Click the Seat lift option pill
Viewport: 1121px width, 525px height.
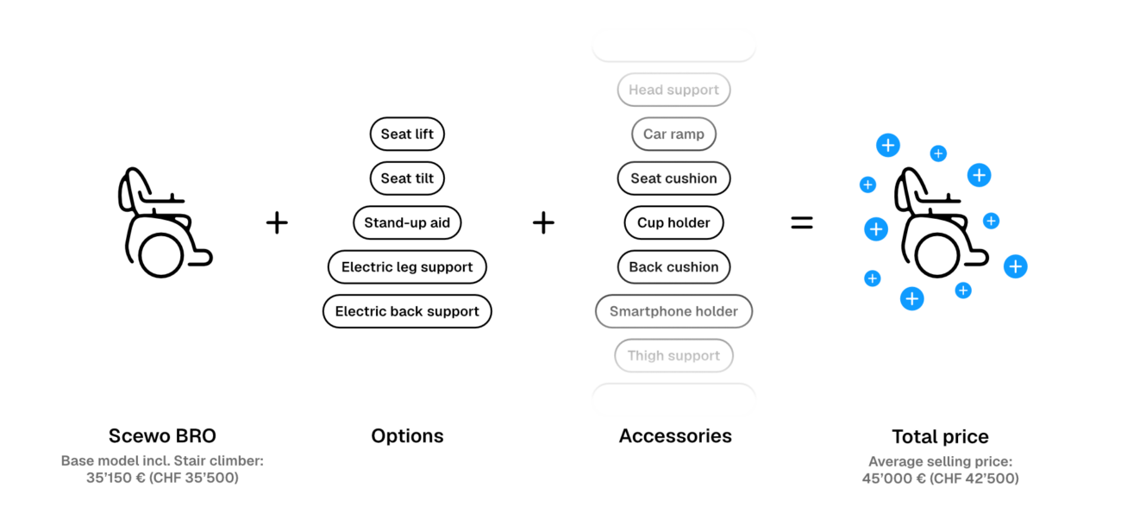pos(407,134)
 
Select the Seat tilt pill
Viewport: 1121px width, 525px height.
pos(407,178)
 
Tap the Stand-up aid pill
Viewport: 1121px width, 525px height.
pos(407,222)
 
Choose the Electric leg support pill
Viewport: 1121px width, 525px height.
pos(407,266)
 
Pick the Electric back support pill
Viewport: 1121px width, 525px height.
pos(407,311)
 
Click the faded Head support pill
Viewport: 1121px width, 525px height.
pos(673,90)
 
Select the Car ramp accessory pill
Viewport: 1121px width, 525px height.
pos(673,134)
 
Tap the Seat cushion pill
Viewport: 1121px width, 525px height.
pos(673,178)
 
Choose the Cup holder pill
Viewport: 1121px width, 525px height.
pos(673,222)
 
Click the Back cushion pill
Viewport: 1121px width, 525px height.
pos(673,266)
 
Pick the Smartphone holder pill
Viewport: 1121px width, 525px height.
pos(673,311)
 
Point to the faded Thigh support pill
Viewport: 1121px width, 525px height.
pos(673,355)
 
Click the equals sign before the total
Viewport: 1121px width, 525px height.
pos(802,222)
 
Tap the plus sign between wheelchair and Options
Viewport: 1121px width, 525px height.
pos(277,222)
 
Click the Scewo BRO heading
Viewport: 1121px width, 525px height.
pos(162,436)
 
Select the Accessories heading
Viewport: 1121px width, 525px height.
pos(675,436)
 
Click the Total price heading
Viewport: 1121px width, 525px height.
pos(940,437)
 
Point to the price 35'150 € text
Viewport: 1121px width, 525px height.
pos(116,478)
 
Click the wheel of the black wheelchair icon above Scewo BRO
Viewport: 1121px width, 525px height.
pos(161,276)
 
